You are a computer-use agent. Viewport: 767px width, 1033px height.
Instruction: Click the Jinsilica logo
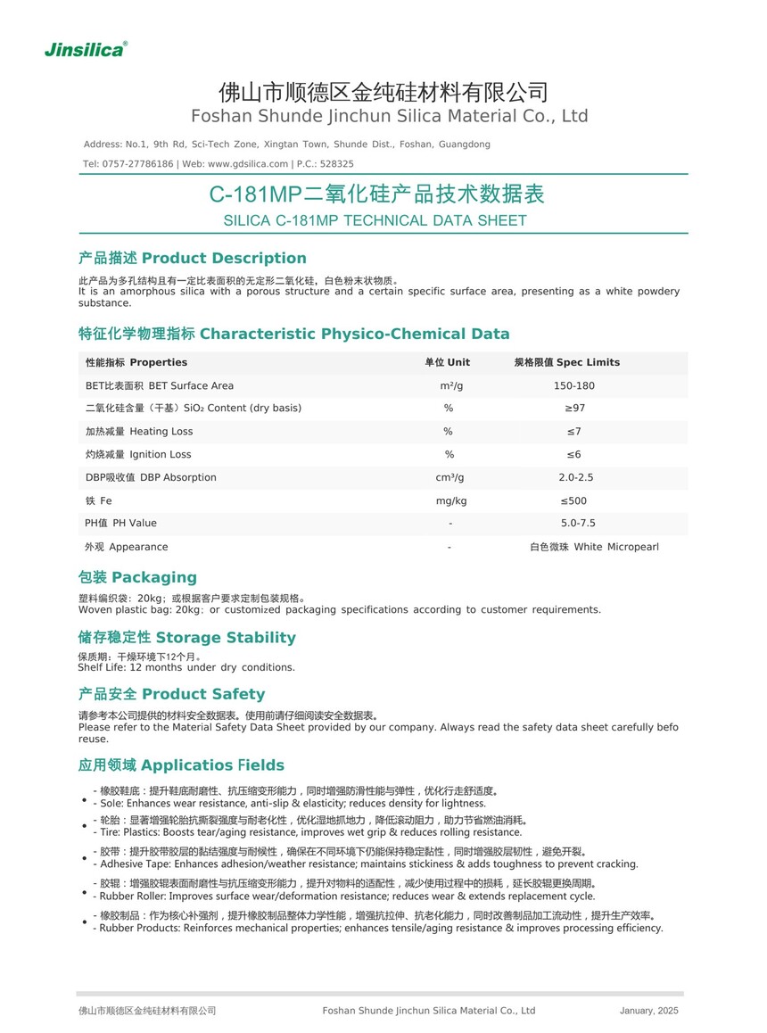86,50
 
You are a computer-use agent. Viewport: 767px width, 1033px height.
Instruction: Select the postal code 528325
337,164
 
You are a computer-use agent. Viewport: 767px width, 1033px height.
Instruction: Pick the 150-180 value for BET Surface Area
573,385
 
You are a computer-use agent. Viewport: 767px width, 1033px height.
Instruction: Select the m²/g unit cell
450,385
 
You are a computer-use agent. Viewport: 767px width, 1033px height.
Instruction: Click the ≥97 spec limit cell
574,408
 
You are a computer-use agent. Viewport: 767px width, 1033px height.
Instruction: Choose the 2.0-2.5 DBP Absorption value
575,477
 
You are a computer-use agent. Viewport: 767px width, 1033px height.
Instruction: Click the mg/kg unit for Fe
450,500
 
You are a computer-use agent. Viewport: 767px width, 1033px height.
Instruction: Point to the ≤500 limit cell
574,500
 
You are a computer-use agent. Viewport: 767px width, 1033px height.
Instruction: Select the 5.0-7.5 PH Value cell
578,523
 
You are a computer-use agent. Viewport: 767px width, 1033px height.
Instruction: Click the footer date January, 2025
648,1011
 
